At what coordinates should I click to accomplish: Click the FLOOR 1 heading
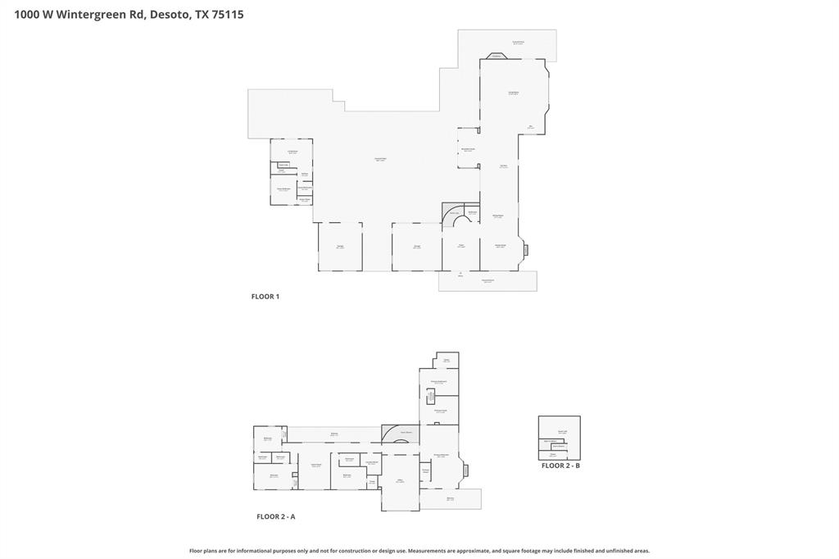coord(265,297)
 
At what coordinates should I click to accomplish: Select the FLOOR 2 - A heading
coord(275,517)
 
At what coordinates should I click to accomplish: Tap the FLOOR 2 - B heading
coord(560,466)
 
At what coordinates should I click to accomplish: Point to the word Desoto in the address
coord(169,14)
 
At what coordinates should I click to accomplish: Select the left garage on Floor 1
coord(340,246)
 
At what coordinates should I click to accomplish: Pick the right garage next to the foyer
coord(416,246)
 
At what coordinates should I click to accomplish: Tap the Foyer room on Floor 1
coord(460,246)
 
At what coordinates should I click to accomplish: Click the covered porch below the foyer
coord(488,281)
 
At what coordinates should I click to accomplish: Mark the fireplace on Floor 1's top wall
coord(497,57)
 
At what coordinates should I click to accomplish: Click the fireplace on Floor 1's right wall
coord(526,250)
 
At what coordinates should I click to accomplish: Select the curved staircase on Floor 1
coord(453,216)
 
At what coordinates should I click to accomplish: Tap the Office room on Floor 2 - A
coord(400,482)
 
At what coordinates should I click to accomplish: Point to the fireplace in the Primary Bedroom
coord(465,470)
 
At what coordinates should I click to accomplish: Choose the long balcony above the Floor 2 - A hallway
coord(333,434)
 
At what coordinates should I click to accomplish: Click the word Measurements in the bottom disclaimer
coord(432,551)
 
